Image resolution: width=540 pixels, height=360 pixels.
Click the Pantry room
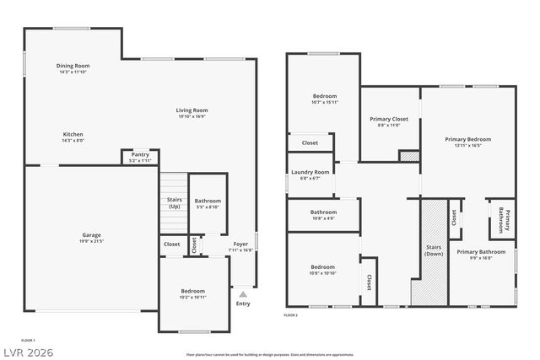point(140,157)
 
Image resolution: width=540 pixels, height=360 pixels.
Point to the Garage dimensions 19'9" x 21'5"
point(91,241)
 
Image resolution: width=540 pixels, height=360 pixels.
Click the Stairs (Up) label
point(174,202)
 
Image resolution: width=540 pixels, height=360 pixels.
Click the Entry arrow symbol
point(243,294)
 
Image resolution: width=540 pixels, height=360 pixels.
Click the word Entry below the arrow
point(243,304)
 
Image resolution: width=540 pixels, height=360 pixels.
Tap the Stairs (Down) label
point(434,250)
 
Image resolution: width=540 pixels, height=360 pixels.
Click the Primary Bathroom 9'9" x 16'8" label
point(479,254)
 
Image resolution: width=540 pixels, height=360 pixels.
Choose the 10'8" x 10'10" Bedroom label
point(323,270)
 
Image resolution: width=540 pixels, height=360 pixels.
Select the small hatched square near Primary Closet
point(408,155)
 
